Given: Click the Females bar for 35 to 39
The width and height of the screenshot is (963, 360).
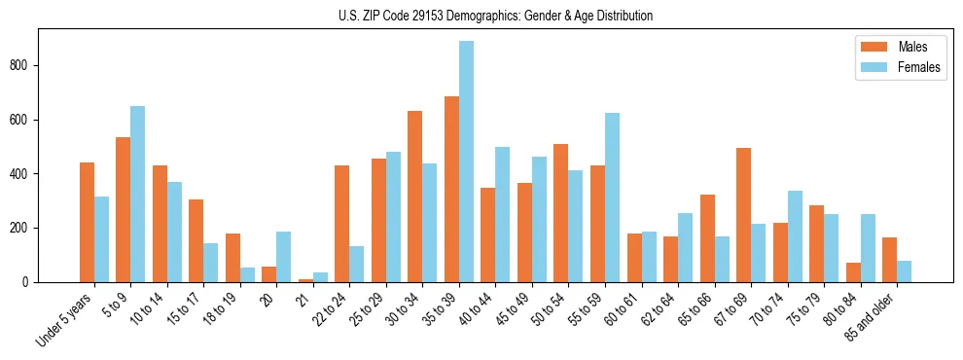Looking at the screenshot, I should point(466,162).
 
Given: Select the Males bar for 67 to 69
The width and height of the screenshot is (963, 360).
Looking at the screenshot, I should point(743,215).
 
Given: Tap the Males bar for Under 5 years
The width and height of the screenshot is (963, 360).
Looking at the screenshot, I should point(87,222).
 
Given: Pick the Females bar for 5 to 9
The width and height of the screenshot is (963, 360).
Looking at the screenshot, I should point(138,194).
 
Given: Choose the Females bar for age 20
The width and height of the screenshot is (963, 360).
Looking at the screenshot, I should point(284,257).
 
